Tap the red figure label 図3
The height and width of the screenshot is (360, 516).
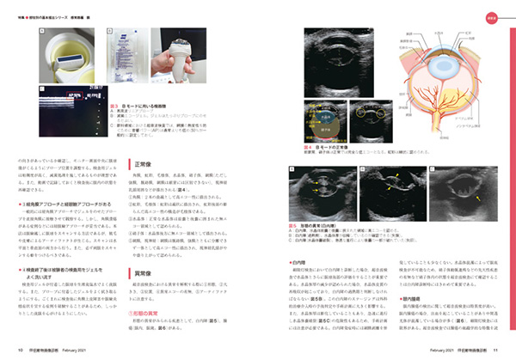point(114,104)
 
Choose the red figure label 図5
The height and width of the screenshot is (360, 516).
point(295,223)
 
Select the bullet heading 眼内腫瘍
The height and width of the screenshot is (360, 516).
point(408,300)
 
